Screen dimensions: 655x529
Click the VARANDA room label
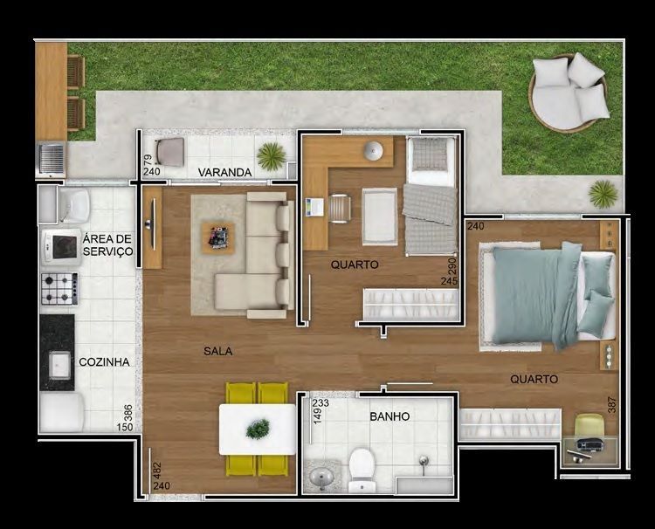[x=224, y=172]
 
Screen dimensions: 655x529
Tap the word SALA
[x=218, y=351]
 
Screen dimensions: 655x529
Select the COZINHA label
[x=104, y=362]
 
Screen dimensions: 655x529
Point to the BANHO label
[x=390, y=416]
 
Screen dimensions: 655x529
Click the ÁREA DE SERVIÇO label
[x=107, y=245]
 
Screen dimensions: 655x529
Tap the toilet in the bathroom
[x=362, y=470]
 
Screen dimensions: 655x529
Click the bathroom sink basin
[x=321, y=475]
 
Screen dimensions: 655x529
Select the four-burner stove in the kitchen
[x=59, y=289]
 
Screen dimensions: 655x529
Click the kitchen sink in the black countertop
[x=59, y=365]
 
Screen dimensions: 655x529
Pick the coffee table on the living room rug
[x=218, y=238]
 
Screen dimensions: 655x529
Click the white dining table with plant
[x=258, y=429]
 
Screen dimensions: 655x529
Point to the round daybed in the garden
[x=569, y=93]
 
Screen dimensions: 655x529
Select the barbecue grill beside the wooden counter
[x=51, y=159]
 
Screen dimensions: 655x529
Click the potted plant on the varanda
[x=272, y=156]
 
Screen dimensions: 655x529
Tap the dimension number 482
[x=157, y=471]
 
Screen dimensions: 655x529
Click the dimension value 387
[x=612, y=404]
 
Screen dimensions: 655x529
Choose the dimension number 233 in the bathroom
[x=321, y=403]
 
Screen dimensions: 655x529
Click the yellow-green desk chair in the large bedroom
[x=589, y=426]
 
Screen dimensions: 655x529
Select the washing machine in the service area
[x=74, y=205]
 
